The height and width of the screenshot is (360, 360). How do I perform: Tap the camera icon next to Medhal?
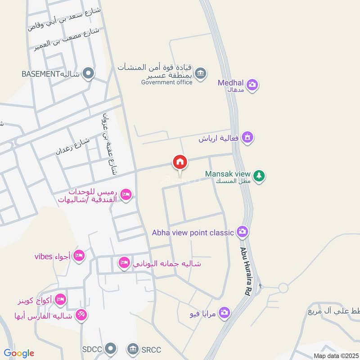click(x=252, y=85)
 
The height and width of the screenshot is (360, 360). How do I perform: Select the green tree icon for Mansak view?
click(x=258, y=176)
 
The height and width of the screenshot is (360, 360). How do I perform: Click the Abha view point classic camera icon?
click(x=243, y=232)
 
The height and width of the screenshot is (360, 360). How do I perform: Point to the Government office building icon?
click(x=201, y=73)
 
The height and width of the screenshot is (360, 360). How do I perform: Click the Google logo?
click(x=18, y=353)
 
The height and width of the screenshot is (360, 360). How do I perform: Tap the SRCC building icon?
click(x=133, y=348)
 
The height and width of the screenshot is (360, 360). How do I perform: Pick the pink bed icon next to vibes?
click(x=79, y=255)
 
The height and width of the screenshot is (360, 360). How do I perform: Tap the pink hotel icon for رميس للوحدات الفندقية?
click(x=126, y=194)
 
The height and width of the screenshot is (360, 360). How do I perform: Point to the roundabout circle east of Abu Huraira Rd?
click(x=283, y=288)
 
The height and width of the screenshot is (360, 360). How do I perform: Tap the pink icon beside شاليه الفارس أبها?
click(x=81, y=315)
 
